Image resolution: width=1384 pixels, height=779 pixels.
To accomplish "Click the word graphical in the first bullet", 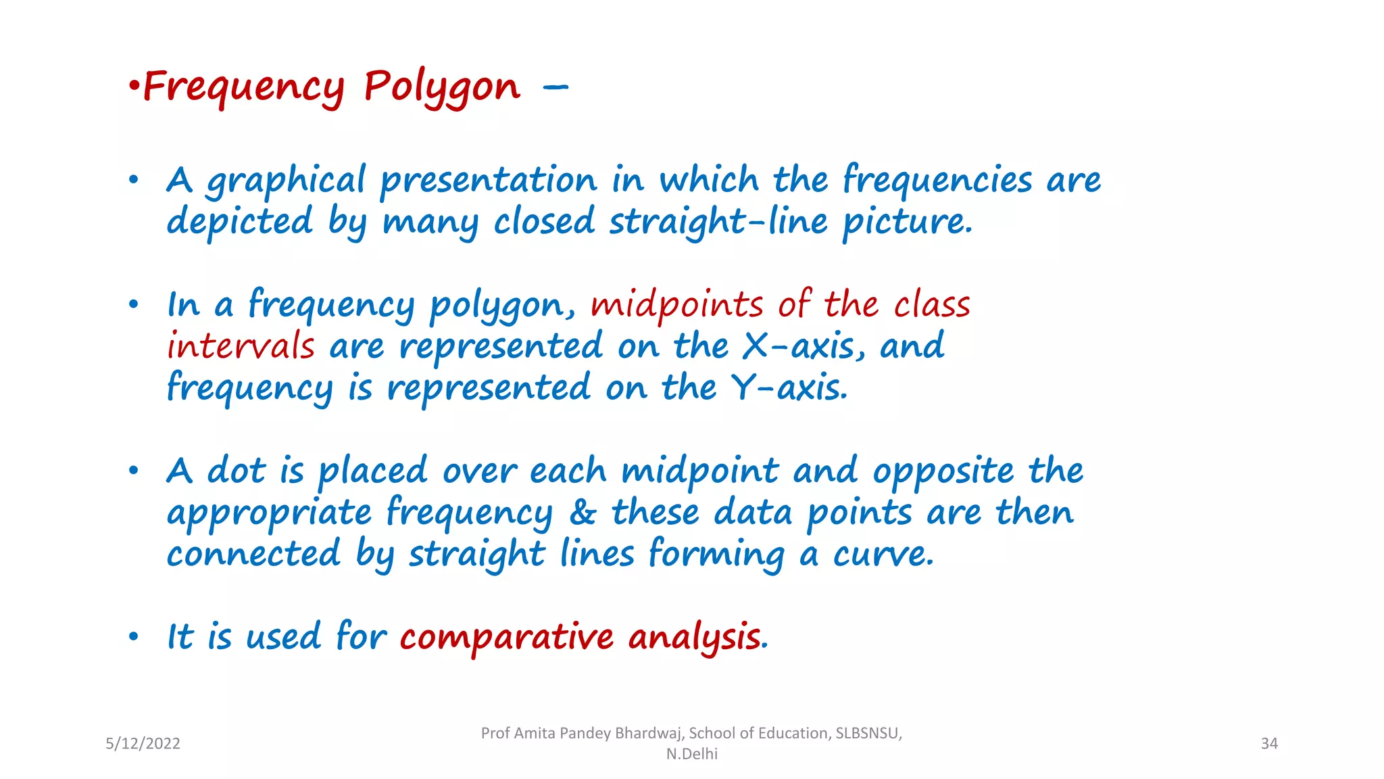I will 286,181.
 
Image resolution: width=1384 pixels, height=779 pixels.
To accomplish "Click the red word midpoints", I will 676,305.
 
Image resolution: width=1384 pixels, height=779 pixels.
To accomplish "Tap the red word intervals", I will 241,346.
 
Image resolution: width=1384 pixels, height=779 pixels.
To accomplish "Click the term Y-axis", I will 789,388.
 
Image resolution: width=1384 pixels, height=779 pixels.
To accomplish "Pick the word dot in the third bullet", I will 237,471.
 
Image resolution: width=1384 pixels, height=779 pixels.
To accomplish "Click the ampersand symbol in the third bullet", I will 583,513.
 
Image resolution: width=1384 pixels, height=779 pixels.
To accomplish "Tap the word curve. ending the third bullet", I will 883,554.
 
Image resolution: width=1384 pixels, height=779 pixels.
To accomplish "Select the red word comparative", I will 506,638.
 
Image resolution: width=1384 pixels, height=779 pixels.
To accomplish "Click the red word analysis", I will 694,638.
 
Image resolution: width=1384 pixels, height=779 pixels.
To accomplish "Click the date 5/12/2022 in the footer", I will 143,744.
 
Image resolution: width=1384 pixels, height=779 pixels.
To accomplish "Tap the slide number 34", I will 1269,744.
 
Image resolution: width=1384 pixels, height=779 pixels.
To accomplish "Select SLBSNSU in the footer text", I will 868,734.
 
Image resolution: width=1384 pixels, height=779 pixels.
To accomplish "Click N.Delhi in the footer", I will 691,754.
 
